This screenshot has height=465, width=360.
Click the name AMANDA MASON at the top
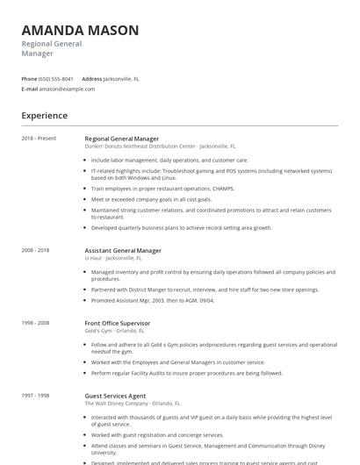coord(80,30)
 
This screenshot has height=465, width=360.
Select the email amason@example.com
coord(67,89)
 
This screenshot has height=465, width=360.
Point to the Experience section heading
coord(45,116)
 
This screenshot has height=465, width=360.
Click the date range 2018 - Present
coord(39,138)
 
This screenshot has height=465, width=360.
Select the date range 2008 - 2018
coord(36,250)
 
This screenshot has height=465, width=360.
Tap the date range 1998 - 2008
coord(36,323)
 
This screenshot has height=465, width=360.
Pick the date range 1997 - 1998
coord(36,396)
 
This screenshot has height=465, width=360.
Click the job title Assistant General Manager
coord(123,250)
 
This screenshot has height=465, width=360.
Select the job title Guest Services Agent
coord(116,396)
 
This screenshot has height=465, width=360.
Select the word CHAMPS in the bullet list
coord(224,189)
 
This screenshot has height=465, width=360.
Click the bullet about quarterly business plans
coord(182,227)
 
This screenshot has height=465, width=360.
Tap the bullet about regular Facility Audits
coord(186,373)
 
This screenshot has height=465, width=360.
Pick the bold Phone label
coord(30,79)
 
